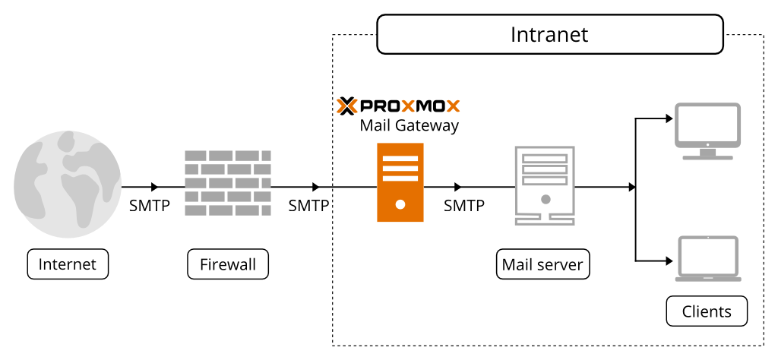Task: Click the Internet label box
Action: [x=68, y=264]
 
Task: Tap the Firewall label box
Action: [x=228, y=264]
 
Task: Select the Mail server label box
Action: [x=542, y=264]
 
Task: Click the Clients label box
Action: [x=707, y=311]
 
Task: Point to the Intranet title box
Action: [x=549, y=36]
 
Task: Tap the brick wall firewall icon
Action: [x=228, y=182]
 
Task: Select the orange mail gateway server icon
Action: [x=400, y=182]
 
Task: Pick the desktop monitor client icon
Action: [x=707, y=131]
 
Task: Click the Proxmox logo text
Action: [x=399, y=105]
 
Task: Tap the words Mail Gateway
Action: [x=409, y=125]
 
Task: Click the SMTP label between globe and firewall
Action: [x=150, y=206]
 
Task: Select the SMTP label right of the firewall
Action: [x=308, y=206]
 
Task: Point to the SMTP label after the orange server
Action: [x=464, y=206]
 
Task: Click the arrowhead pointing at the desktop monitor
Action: [x=669, y=118]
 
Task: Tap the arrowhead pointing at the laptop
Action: [x=669, y=261]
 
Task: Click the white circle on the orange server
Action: [x=400, y=204]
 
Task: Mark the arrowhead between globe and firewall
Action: [x=155, y=187]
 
